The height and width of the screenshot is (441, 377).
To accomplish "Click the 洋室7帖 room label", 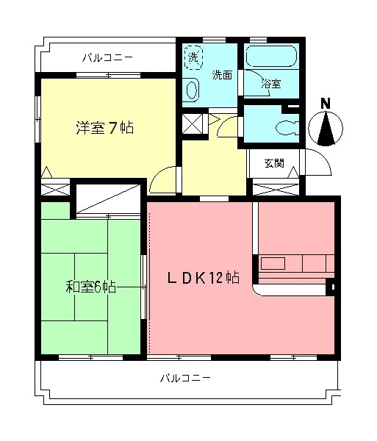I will tap(104, 128).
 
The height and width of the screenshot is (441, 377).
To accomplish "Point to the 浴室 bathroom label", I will tap(271, 84).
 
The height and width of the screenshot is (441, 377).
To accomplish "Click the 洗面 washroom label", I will tap(223, 74).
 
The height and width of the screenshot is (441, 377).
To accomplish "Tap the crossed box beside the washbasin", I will tap(193, 123).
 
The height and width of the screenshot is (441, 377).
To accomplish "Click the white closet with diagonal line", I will tap(108, 198).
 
